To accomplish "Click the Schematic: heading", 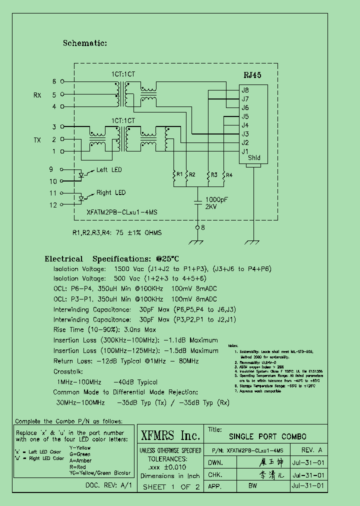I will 85,43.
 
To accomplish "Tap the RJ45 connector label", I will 252,75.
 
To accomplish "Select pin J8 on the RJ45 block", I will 245,90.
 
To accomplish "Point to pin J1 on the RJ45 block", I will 245,151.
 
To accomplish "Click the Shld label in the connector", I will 254,158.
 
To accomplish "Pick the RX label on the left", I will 37,95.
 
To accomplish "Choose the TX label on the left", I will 37,140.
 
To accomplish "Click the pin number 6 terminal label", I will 54,81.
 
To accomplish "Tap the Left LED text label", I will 109,170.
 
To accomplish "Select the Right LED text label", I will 111,193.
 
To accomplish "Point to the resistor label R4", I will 229,174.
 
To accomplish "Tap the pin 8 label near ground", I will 202,228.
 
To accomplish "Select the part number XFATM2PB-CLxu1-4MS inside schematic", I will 122,212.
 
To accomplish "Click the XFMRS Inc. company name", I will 170,434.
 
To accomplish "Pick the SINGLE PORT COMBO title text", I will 267,436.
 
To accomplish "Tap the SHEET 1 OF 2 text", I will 171,487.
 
